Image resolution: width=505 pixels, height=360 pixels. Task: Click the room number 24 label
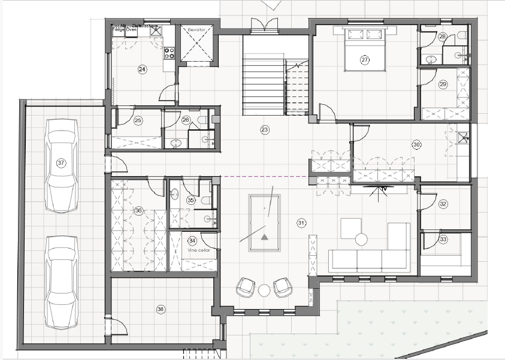(142, 69)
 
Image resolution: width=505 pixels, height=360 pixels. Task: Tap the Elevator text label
(196, 29)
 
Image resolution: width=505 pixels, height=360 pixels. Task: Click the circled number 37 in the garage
(61, 162)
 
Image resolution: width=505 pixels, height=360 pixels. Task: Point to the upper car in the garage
(62, 165)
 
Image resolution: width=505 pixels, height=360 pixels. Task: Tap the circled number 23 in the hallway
(265, 129)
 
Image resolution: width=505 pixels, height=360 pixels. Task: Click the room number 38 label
(161, 309)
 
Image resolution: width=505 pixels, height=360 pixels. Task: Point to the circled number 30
(416, 144)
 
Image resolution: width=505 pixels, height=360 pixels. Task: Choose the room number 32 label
(443, 204)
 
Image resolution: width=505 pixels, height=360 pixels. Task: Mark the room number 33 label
(443, 239)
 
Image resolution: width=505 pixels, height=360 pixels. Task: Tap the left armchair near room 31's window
(246, 288)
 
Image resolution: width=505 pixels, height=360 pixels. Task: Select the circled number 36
(138, 210)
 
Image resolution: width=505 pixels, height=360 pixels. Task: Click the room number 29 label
(443, 84)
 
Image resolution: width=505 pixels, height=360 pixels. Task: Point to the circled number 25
(138, 121)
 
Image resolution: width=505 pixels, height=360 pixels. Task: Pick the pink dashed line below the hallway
(264, 177)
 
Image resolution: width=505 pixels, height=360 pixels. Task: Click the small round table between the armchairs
(264, 291)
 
